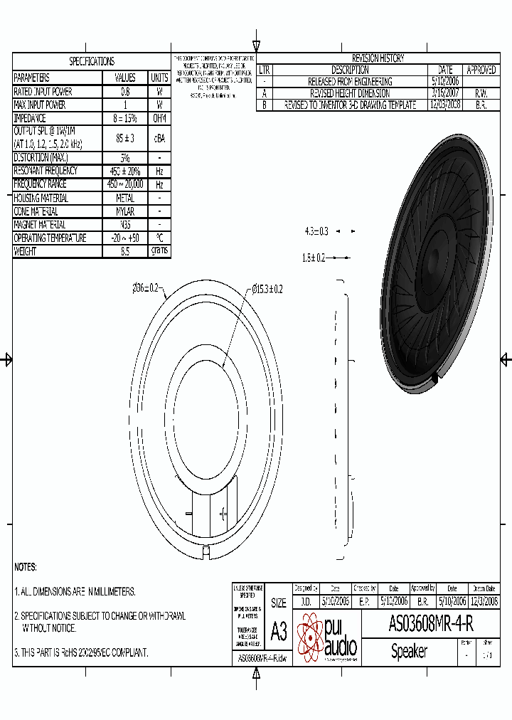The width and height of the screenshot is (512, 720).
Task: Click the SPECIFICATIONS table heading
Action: coord(92,62)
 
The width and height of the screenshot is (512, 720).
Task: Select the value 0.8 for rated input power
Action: coord(125,92)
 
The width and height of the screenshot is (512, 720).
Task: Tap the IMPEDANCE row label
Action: coord(30,118)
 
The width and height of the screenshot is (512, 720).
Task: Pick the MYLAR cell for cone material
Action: coord(125,211)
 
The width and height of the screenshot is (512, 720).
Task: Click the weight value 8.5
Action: coord(125,251)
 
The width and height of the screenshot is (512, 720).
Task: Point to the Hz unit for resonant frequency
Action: coord(159,171)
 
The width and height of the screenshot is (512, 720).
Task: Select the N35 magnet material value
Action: coord(125,225)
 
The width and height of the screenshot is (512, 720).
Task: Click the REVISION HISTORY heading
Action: coord(378,58)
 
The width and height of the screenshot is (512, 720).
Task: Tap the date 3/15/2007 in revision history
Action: coord(445,93)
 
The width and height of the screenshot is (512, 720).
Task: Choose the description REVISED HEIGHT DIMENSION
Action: coord(350,93)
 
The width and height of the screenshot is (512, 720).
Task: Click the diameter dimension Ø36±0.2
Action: coord(148,288)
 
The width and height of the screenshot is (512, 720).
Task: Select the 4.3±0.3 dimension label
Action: coord(316,231)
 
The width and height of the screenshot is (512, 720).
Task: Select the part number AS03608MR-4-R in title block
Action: coord(431,624)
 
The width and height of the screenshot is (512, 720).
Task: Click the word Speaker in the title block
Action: coord(409,651)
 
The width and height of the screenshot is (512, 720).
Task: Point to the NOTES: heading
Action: coord(26,567)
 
